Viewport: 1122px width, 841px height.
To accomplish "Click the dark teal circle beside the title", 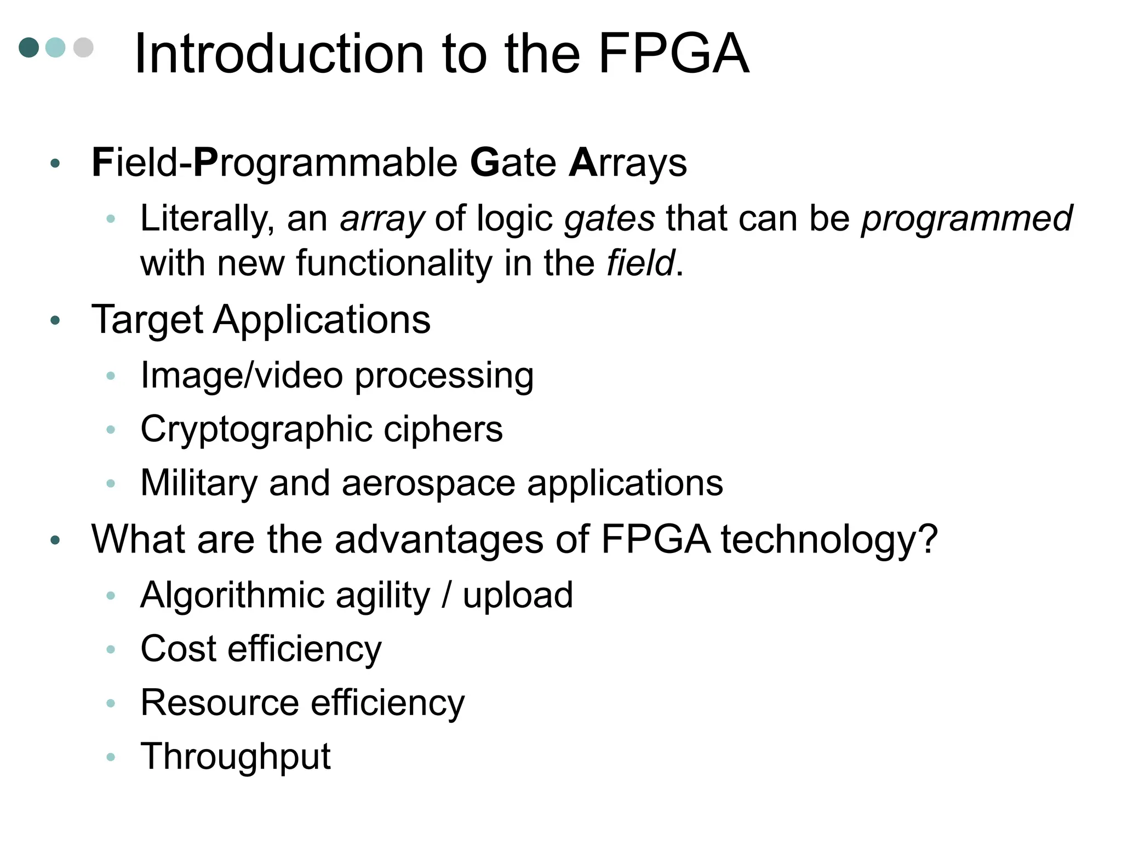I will pyautogui.click(x=29, y=47).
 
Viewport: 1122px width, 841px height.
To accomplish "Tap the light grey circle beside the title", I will pyautogui.click(x=83, y=47).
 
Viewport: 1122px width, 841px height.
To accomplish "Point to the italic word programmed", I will pyautogui.click(x=966, y=218).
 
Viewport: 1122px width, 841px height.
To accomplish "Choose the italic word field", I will pyautogui.click(x=640, y=263).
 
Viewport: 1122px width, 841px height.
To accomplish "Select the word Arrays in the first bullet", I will pyautogui.click(x=628, y=163).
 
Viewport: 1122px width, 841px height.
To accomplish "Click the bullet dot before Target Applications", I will pyautogui.click(x=55, y=320).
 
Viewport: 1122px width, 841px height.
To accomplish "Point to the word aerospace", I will pyautogui.click(x=428, y=483).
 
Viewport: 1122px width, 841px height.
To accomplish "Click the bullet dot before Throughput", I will pyautogui.click(x=111, y=757).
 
